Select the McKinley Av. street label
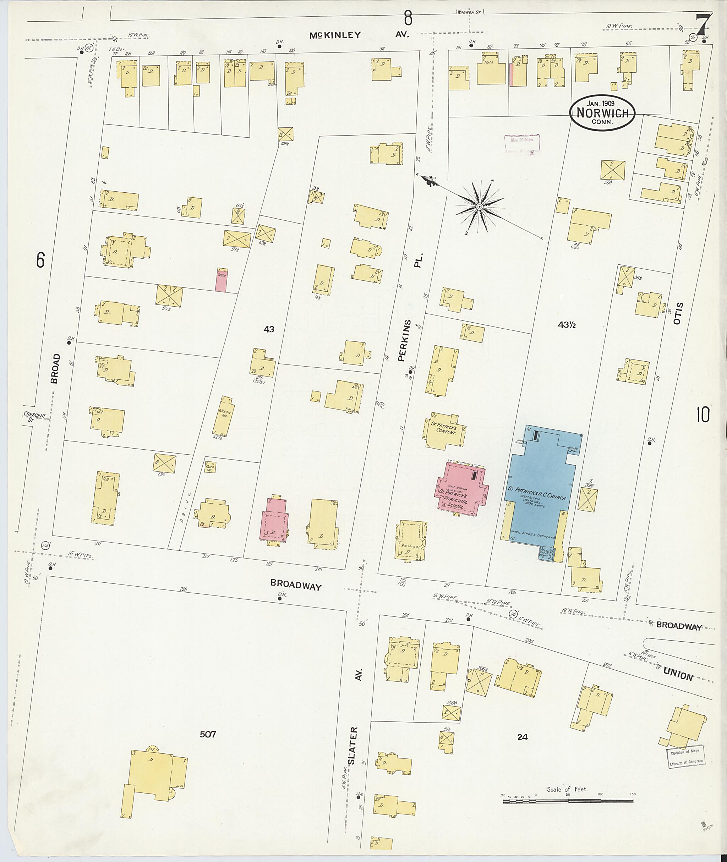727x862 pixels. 359,35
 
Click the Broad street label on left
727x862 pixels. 55,369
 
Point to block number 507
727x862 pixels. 208,734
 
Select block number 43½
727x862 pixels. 566,325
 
